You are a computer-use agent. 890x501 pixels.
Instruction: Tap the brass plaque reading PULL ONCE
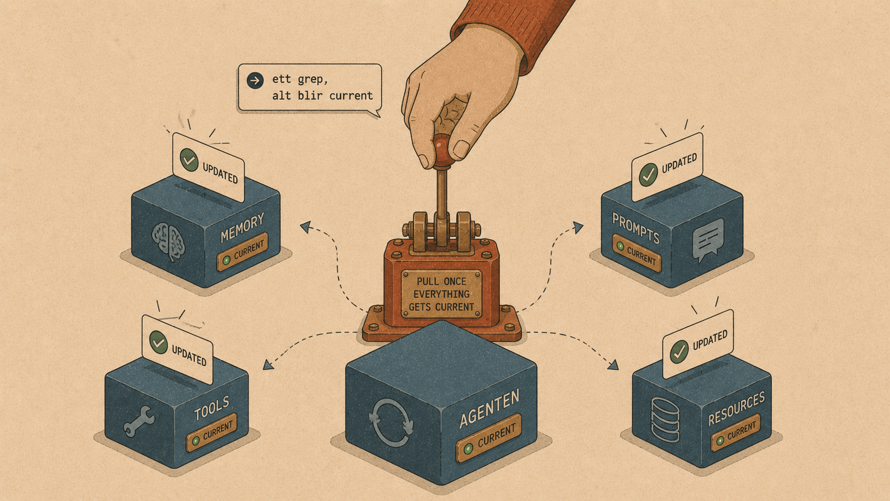[x=441, y=294]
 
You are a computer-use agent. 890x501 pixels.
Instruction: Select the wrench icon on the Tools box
[x=139, y=421]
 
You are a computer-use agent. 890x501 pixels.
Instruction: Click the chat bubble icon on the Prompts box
[x=707, y=239]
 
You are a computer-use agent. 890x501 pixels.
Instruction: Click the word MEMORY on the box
[x=242, y=228]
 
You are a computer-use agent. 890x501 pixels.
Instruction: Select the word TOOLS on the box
[x=211, y=408]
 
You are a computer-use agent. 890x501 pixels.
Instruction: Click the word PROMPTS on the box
[x=636, y=228]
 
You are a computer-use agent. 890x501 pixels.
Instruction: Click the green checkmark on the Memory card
[x=189, y=160]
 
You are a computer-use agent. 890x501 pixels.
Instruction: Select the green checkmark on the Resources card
[x=679, y=351]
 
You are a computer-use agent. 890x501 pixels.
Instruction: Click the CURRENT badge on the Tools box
[x=212, y=432]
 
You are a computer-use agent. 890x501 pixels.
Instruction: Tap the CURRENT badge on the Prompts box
[x=637, y=253]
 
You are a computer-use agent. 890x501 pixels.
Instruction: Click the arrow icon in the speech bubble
[x=255, y=80]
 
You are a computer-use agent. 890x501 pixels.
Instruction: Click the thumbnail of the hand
[x=462, y=149]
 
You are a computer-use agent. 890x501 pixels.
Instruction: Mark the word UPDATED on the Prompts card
[x=679, y=163]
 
